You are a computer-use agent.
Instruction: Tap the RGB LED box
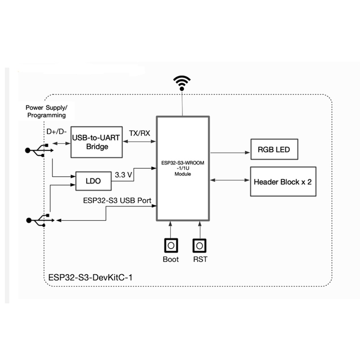[x=274, y=149]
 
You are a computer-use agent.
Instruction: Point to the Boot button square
[x=171, y=245]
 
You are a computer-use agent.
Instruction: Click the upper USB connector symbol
[x=38, y=150]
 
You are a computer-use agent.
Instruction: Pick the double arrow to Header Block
[x=229, y=180]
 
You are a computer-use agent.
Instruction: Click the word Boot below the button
[x=171, y=259]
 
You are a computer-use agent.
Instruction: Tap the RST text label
[x=200, y=259]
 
